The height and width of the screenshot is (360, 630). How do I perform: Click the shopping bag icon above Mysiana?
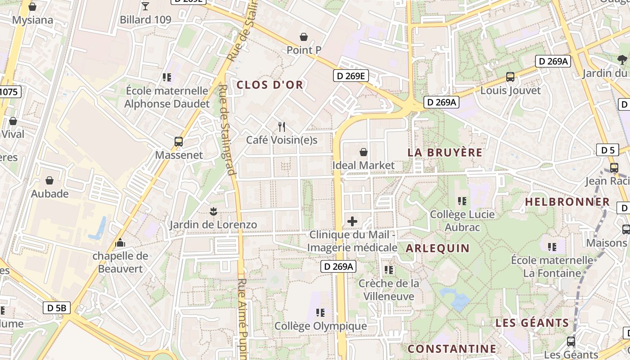(32, 7)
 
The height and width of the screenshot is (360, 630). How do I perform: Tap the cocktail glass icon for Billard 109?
(145, 6)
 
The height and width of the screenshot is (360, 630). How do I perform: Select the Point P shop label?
(304, 50)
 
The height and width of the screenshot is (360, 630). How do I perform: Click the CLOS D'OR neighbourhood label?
(270, 85)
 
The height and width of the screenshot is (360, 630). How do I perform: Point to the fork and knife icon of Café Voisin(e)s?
(282, 127)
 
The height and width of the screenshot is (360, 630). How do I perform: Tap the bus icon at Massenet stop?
(179, 142)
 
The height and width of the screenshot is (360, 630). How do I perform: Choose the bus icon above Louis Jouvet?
(510, 77)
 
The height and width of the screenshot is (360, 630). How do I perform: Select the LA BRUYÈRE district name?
(445, 153)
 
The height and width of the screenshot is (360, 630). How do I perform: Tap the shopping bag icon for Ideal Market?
(363, 153)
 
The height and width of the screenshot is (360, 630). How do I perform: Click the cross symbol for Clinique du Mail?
(352, 221)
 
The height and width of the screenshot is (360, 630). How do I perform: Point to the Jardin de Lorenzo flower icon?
(213, 211)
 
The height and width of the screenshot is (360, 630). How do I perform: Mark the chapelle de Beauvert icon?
(120, 243)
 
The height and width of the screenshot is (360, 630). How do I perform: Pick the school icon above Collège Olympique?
(320, 312)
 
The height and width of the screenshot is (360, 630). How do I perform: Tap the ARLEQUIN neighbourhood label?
(438, 248)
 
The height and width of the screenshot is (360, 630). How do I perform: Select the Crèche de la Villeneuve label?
(389, 290)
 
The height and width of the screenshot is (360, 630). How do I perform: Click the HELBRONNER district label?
(567, 202)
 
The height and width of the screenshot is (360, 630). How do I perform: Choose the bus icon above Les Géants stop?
(571, 342)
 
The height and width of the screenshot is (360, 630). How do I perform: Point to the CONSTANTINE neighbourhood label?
(452, 349)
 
